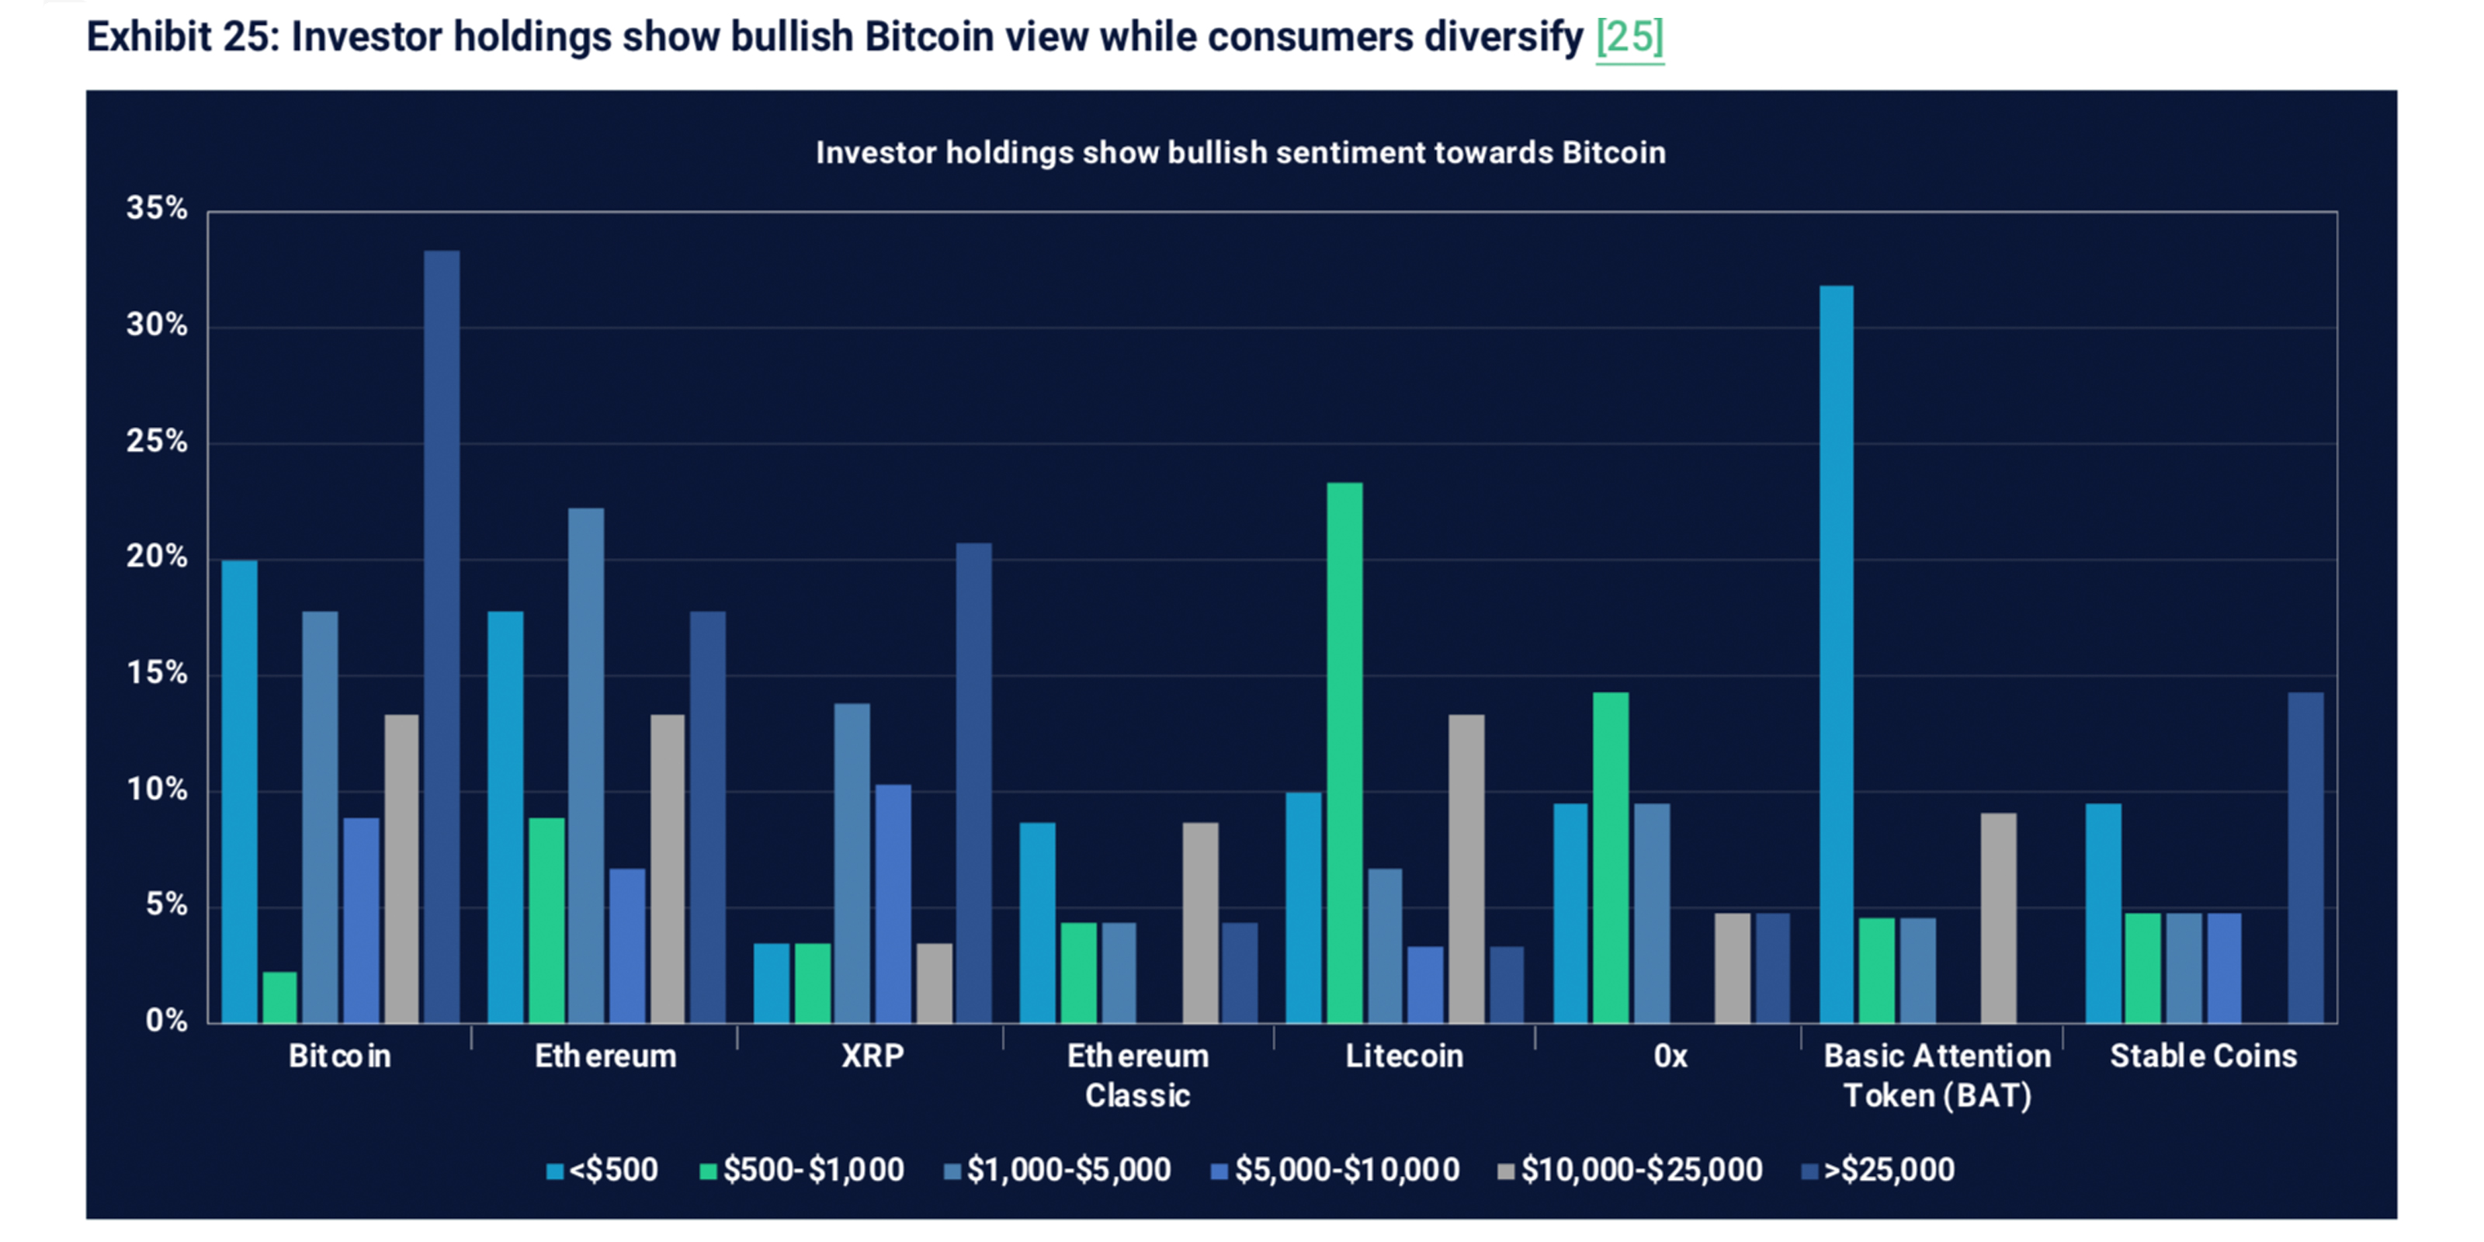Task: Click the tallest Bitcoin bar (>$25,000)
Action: [442, 637]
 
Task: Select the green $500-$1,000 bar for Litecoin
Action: [1344, 752]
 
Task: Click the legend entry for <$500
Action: [602, 1170]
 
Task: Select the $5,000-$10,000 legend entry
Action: [1335, 1170]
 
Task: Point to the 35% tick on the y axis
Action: [156, 208]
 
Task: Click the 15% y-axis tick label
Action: [156, 673]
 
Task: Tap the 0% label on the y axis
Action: [166, 1020]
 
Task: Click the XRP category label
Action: [872, 1056]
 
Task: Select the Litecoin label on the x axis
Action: [1404, 1056]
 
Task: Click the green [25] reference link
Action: [1629, 37]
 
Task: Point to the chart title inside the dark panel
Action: [1240, 152]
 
